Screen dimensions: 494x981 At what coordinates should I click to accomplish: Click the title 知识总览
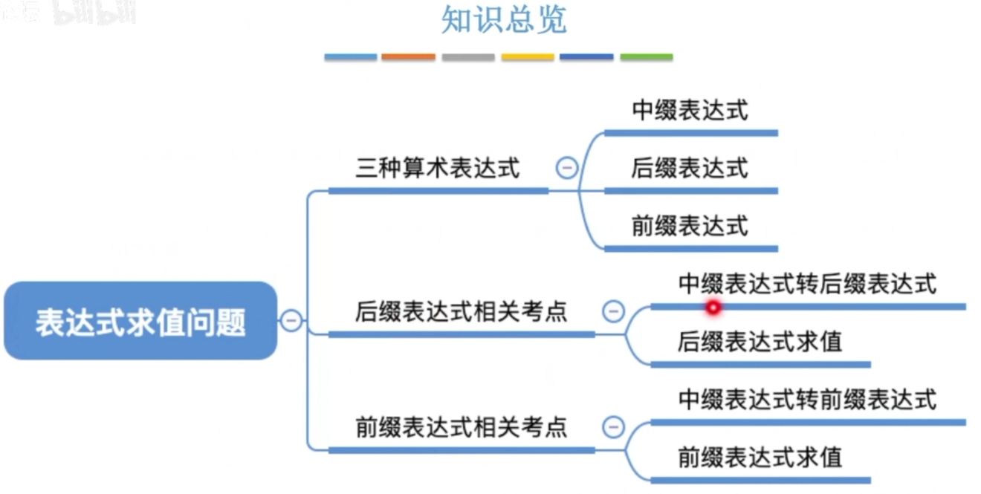pyautogui.click(x=504, y=20)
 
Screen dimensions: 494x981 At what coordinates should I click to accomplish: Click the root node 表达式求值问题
pyautogui.click(x=140, y=322)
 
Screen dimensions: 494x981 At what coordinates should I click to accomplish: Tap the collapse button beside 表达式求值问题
pyautogui.click(x=291, y=321)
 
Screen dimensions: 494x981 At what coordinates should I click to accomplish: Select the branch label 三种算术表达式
pyautogui.click(x=438, y=169)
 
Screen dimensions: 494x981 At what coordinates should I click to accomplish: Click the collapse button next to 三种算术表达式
pyautogui.click(x=567, y=169)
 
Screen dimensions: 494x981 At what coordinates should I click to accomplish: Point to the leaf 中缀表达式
pyautogui.click(x=690, y=111)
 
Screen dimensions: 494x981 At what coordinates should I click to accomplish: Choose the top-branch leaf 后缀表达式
pyautogui.click(x=690, y=169)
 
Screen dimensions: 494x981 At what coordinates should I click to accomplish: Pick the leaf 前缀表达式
pyautogui.click(x=690, y=226)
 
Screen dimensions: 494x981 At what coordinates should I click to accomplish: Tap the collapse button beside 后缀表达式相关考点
pyautogui.click(x=613, y=311)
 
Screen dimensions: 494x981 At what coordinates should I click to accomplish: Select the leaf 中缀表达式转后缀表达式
pyautogui.click(x=807, y=284)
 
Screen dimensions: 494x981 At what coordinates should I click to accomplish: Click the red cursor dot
pyautogui.click(x=713, y=307)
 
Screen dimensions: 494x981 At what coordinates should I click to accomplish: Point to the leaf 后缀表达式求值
pyautogui.click(x=760, y=342)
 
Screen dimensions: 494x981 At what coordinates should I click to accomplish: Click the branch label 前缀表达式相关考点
pyautogui.click(x=461, y=427)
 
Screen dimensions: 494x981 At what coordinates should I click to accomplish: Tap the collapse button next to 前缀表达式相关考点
pyautogui.click(x=613, y=427)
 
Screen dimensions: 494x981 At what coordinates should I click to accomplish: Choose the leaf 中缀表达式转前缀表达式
pyautogui.click(x=807, y=400)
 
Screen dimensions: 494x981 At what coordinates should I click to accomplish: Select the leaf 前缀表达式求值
pyautogui.click(x=760, y=457)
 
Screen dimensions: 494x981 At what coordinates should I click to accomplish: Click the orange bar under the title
pyautogui.click(x=408, y=57)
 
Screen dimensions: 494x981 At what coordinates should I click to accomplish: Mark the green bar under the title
pyautogui.click(x=646, y=57)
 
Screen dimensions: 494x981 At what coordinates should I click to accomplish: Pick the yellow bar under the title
pyautogui.click(x=527, y=57)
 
